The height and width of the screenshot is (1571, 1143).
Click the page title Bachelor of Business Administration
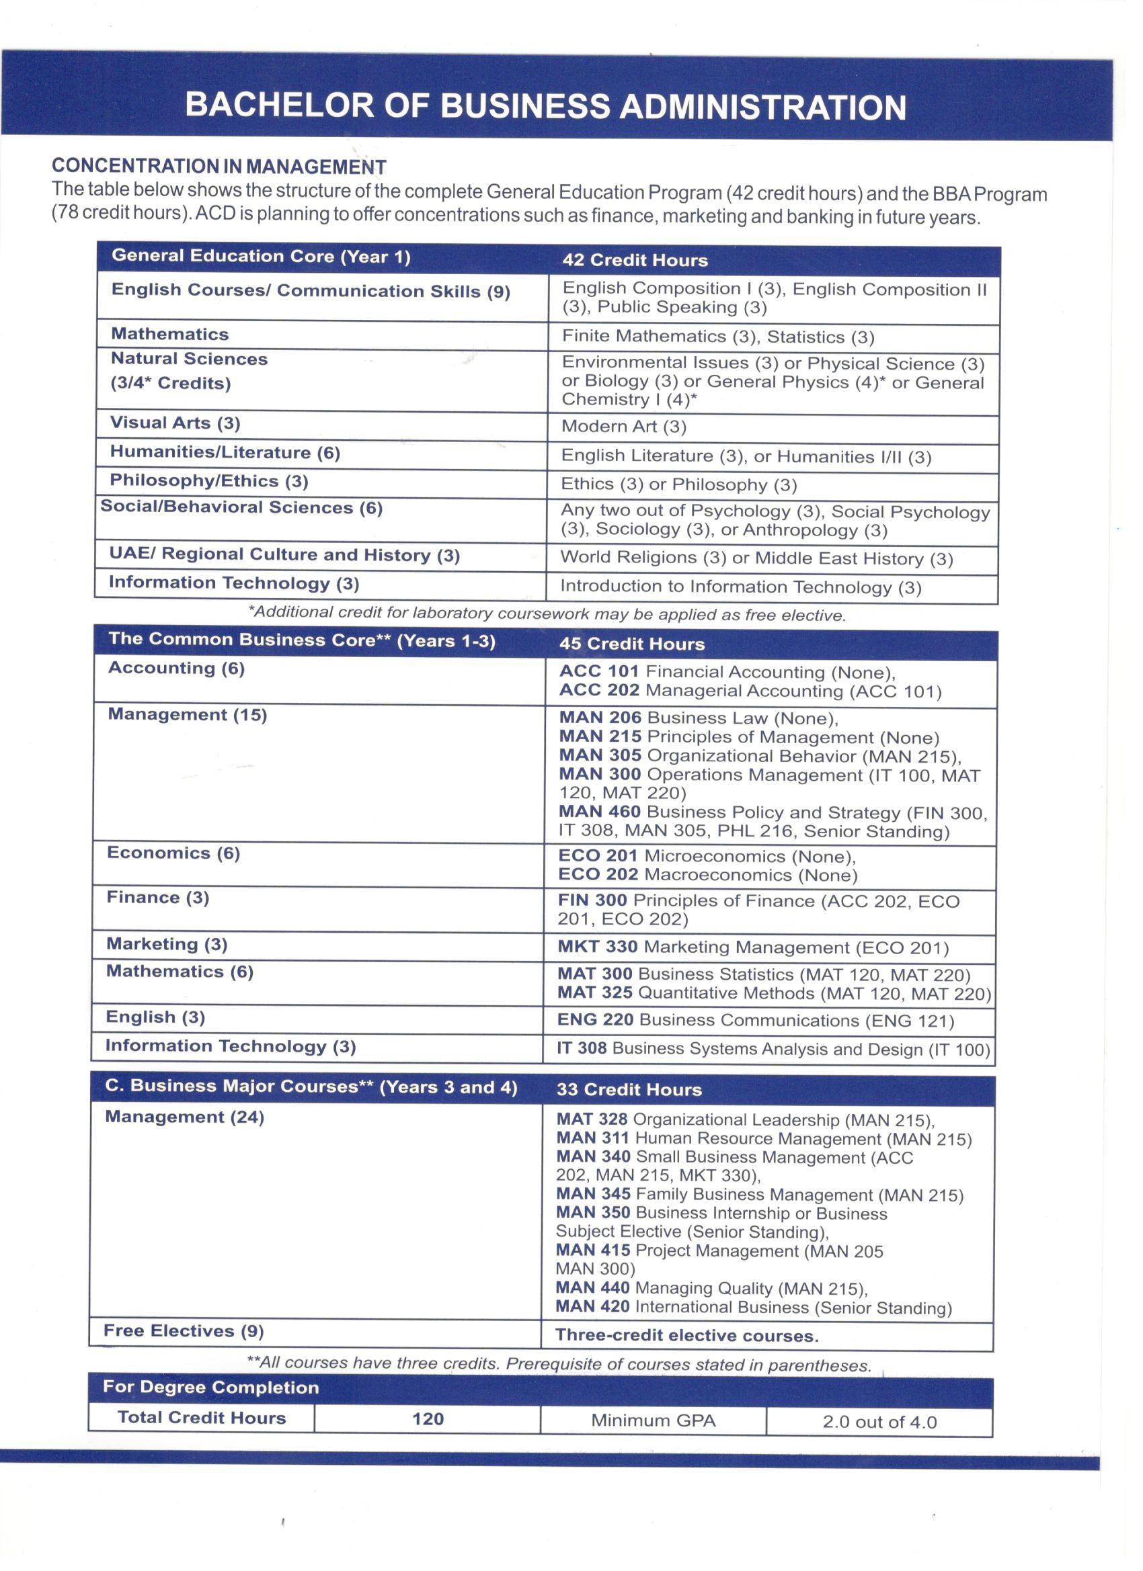(x=545, y=107)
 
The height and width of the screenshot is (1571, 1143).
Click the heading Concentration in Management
(x=219, y=166)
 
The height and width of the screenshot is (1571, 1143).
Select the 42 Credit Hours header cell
(x=635, y=261)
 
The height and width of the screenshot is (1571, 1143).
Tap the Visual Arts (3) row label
(x=175, y=423)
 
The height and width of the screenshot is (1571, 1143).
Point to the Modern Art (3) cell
(x=624, y=427)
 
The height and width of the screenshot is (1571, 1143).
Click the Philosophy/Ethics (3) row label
(x=208, y=481)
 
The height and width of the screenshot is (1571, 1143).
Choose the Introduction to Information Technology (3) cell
(x=740, y=587)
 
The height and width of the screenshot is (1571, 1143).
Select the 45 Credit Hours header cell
(x=632, y=644)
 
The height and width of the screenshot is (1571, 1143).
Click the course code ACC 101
(x=600, y=672)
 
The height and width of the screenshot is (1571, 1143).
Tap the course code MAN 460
(x=600, y=812)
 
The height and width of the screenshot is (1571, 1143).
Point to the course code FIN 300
(x=592, y=900)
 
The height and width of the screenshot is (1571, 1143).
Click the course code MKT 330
(x=598, y=947)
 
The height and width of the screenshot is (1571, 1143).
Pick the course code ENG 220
(x=596, y=1019)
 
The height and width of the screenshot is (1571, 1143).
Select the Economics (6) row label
(x=173, y=853)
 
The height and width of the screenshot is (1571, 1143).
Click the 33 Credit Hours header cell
(x=629, y=1090)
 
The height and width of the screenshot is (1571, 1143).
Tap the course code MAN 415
(x=593, y=1250)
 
